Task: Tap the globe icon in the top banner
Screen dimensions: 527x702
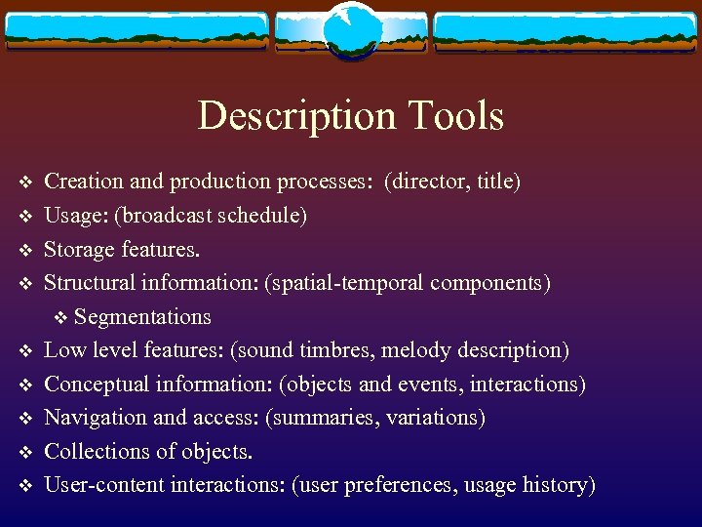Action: point(351,31)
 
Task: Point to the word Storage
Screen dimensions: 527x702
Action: point(80,249)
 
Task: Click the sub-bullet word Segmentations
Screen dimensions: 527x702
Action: point(142,317)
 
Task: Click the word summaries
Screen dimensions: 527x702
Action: point(328,418)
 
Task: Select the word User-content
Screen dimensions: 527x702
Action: point(105,485)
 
